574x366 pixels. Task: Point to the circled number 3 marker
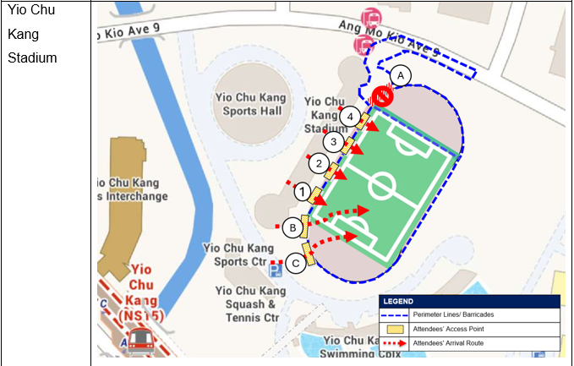[334, 141]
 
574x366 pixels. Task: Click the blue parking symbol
[276, 270]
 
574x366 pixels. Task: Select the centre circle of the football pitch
[382, 185]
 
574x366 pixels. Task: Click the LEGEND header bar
[470, 301]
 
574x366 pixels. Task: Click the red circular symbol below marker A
[382, 96]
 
